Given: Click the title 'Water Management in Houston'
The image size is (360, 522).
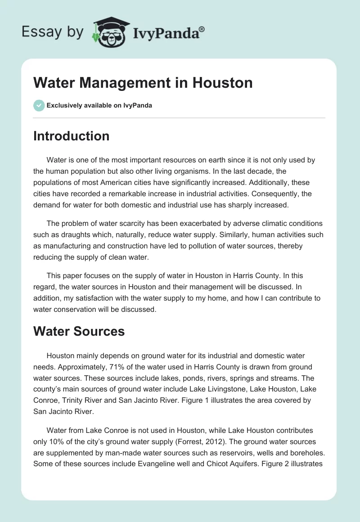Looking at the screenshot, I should pos(143,83).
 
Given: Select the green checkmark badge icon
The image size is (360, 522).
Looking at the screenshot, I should pos(39,105).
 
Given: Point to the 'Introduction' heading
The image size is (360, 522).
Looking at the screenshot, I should pos(71,136).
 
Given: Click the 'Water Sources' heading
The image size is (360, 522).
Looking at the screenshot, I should pos(79,331).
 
